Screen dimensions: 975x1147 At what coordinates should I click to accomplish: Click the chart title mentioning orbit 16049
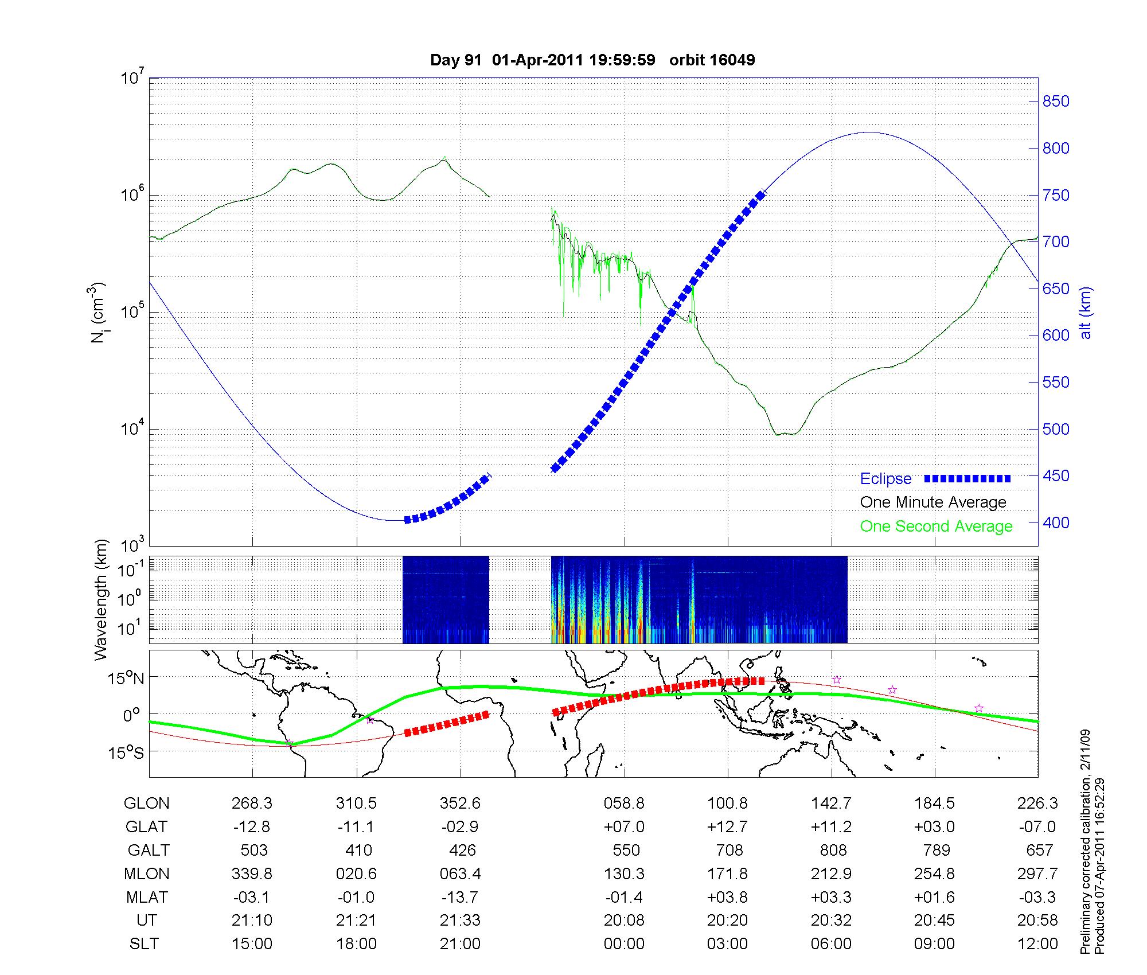pos(592,60)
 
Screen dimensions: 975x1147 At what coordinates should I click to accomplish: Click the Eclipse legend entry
pos(885,479)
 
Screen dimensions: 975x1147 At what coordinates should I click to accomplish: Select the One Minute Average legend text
pos(933,502)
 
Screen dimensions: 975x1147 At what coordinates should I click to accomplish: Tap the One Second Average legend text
pos(936,526)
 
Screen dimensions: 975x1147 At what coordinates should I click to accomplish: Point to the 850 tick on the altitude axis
pos(1056,102)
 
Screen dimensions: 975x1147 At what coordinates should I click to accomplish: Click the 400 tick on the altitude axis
pos(1056,522)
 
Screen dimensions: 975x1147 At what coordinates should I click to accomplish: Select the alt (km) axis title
pos(1086,313)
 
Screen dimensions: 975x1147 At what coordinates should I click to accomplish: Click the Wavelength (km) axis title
pos(101,599)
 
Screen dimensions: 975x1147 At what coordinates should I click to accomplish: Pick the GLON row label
pos(146,804)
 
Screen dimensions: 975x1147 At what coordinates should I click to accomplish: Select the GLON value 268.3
pos(252,804)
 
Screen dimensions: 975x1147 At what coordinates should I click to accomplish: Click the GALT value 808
pos(833,850)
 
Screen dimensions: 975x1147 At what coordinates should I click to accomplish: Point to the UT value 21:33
pos(460,921)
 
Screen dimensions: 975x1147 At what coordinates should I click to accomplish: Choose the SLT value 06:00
pos(831,944)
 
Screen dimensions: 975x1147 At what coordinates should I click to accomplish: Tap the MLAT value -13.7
pos(460,897)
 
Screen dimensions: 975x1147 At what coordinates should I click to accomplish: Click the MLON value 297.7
pos(1037,873)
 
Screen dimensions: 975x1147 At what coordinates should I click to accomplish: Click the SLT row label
pos(144,944)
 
